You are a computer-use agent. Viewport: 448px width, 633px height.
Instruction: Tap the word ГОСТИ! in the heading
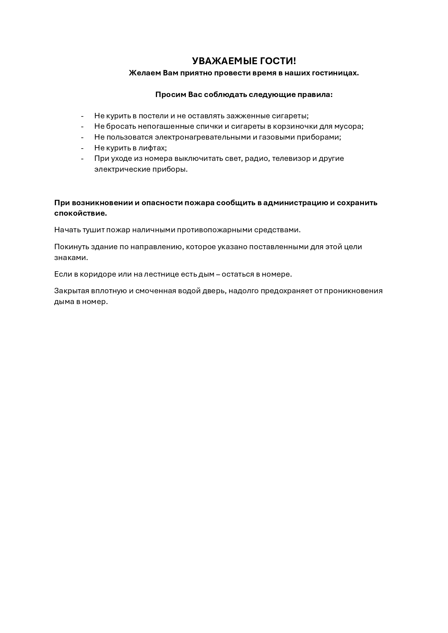point(278,61)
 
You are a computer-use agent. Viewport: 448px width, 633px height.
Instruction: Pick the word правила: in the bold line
point(314,94)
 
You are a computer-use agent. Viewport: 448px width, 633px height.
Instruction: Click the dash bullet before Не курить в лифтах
point(82,148)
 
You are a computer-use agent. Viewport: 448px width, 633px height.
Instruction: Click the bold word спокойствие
point(81,213)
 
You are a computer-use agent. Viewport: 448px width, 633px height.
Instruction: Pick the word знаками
point(71,258)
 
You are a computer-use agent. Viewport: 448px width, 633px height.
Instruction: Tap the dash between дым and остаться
point(218,274)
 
